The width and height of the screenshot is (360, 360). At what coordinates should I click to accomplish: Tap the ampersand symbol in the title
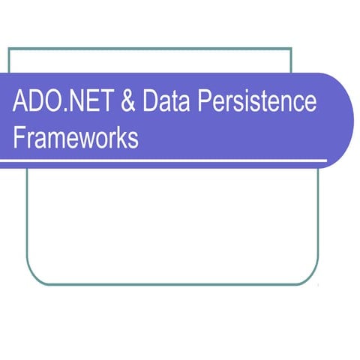click(x=127, y=103)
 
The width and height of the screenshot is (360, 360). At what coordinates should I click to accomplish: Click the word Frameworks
click(x=76, y=139)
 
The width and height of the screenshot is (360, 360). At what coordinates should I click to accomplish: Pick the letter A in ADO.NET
click(x=20, y=103)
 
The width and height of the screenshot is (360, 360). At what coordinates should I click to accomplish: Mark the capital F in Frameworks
click(x=19, y=139)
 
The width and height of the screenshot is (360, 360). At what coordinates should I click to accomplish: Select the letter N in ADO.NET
click(x=74, y=103)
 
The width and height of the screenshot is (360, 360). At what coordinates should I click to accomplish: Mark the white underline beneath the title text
click(x=165, y=161)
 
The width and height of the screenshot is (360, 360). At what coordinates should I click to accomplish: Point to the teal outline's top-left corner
click(x=9, y=49)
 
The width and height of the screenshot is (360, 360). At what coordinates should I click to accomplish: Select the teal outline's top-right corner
click(x=291, y=49)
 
